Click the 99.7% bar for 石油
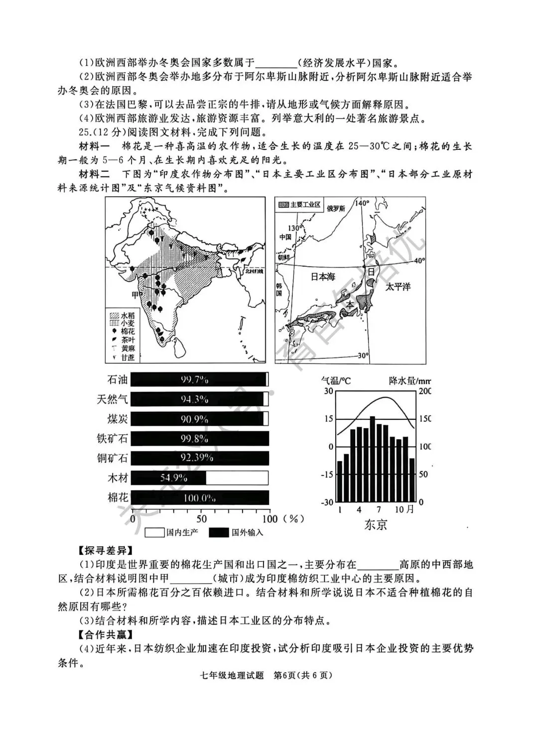pyautogui.click(x=199, y=379)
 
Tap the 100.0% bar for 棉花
pyautogui.click(x=200, y=498)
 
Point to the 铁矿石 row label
pyautogui.click(x=113, y=439)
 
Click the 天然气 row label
pyautogui.click(x=113, y=399)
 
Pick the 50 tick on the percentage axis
pyautogui.click(x=201, y=518)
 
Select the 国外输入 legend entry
pyautogui.click(x=236, y=532)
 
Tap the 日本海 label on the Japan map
pyautogui.click(x=323, y=276)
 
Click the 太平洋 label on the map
pyautogui.click(x=398, y=286)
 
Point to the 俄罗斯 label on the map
pyautogui.click(x=336, y=208)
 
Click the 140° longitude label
pyautogui.click(x=362, y=203)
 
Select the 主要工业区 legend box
pyautogui.click(x=299, y=205)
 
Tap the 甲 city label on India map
pyautogui.click(x=135, y=295)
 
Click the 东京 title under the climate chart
pyautogui.click(x=376, y=524)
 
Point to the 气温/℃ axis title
pyautogui.click(x=336, y=380)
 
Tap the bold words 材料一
pyautogui.click(x=94, y=146)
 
